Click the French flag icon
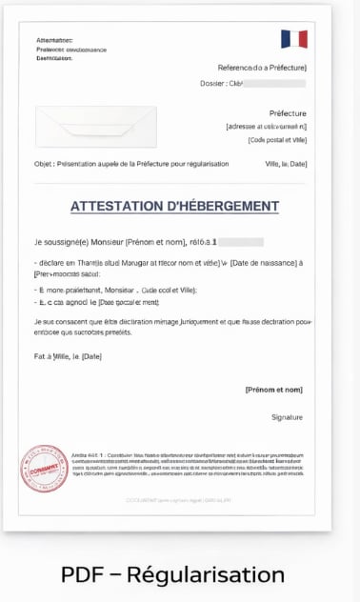(x=293, y=39)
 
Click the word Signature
(x=287, y=417)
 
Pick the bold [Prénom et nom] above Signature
(x=273, y=390)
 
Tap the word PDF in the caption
(x=82, y=575)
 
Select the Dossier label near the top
(x=212, y=84)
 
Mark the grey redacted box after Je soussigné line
(x=240, y=242)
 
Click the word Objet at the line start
(x=43, y=164)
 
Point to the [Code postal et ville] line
(x=277, y=140)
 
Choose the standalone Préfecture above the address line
(x=288, y=113)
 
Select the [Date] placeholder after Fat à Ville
(x=91, y=356)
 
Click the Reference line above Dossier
(x=262, y=68)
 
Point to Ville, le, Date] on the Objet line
(x=286, y=164)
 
